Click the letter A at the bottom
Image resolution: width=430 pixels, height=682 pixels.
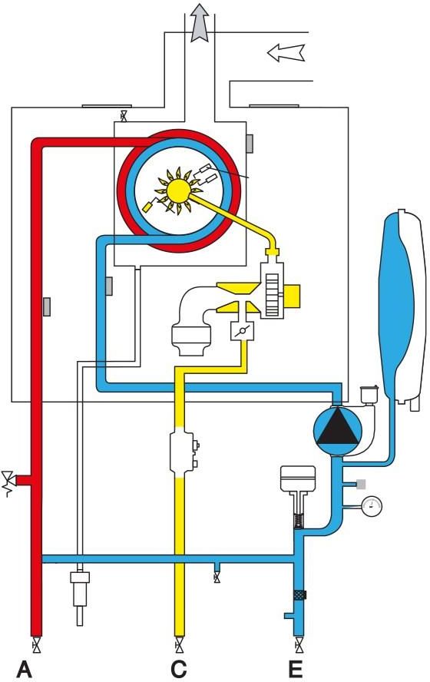click(25, 669)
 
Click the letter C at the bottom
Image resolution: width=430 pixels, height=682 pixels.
click(178, 669)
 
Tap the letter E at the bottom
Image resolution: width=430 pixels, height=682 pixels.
click(296, 669)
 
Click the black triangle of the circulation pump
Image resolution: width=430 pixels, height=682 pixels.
click(337, 429)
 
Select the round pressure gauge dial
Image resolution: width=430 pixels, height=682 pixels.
click(372, 505)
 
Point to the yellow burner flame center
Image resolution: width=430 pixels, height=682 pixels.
click(179, 190)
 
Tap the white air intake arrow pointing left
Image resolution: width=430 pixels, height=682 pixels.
click(286, 53)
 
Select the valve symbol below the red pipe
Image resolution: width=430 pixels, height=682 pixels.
click(38, 645)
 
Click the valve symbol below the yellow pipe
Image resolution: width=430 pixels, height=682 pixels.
click(179, 645)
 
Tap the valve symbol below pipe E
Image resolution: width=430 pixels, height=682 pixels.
click(298, 645)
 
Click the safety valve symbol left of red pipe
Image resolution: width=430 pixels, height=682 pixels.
click(9, 482)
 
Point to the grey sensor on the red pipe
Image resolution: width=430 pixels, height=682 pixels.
click(47, 306)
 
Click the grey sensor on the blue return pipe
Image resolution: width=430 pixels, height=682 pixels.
click(110, 286)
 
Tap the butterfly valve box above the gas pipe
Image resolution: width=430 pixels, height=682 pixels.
click(239, 332)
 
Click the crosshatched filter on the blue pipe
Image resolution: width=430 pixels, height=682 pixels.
click(299, 594)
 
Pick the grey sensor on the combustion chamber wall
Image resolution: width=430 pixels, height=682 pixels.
click(250, 144)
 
